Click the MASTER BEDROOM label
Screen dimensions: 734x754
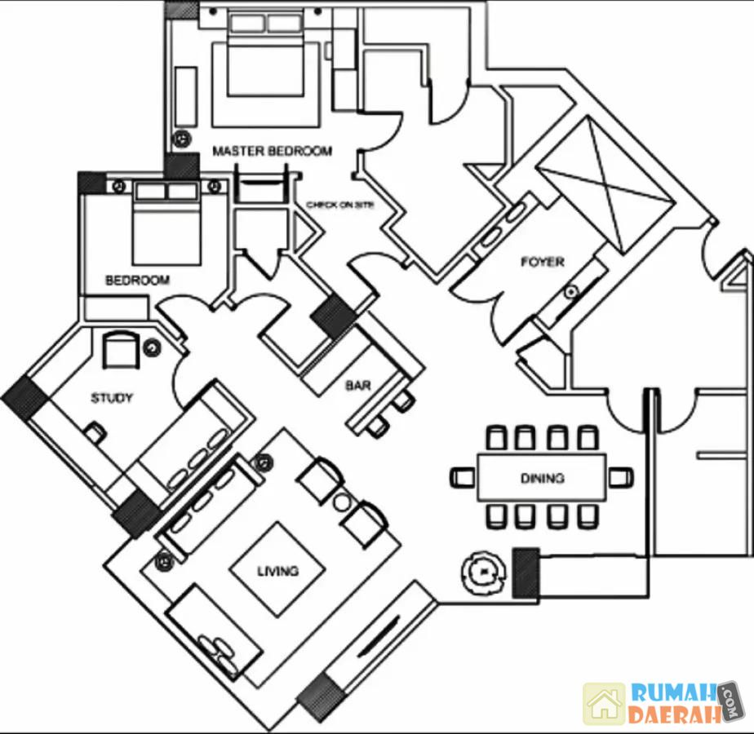272,151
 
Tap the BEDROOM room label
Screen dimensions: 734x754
138,280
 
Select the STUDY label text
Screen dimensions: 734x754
112,398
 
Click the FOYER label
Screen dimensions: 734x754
543,262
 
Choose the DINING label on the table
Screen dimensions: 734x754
542,478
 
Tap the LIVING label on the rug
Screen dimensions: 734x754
277,571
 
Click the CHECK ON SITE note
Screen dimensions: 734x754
339,205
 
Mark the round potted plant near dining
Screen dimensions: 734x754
482,573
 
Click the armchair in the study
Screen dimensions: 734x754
122,350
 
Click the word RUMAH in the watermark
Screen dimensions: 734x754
673,694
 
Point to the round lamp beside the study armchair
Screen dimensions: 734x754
153,348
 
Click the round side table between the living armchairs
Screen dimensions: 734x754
342,500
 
